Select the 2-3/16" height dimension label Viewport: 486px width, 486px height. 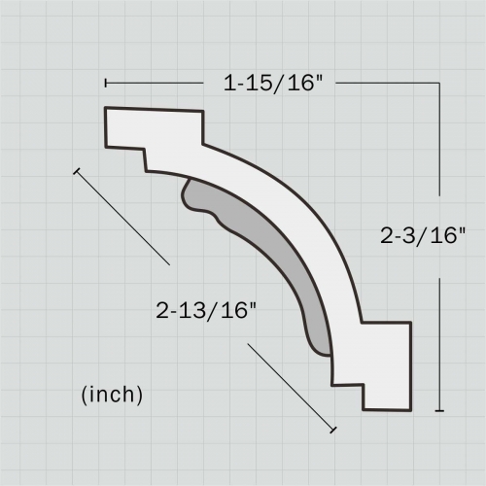425,234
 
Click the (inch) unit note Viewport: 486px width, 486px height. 112,394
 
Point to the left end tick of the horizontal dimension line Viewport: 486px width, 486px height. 105,84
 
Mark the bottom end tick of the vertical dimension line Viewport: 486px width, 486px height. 441,411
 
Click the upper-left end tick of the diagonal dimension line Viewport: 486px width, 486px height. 75,171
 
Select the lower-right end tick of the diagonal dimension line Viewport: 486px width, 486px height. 333,428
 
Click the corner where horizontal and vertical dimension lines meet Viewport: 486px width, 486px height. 441,84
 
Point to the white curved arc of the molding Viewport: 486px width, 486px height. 292,214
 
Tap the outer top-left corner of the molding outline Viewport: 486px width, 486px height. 105,108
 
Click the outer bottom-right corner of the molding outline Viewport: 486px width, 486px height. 410,410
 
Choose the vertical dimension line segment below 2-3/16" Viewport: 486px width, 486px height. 441,340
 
